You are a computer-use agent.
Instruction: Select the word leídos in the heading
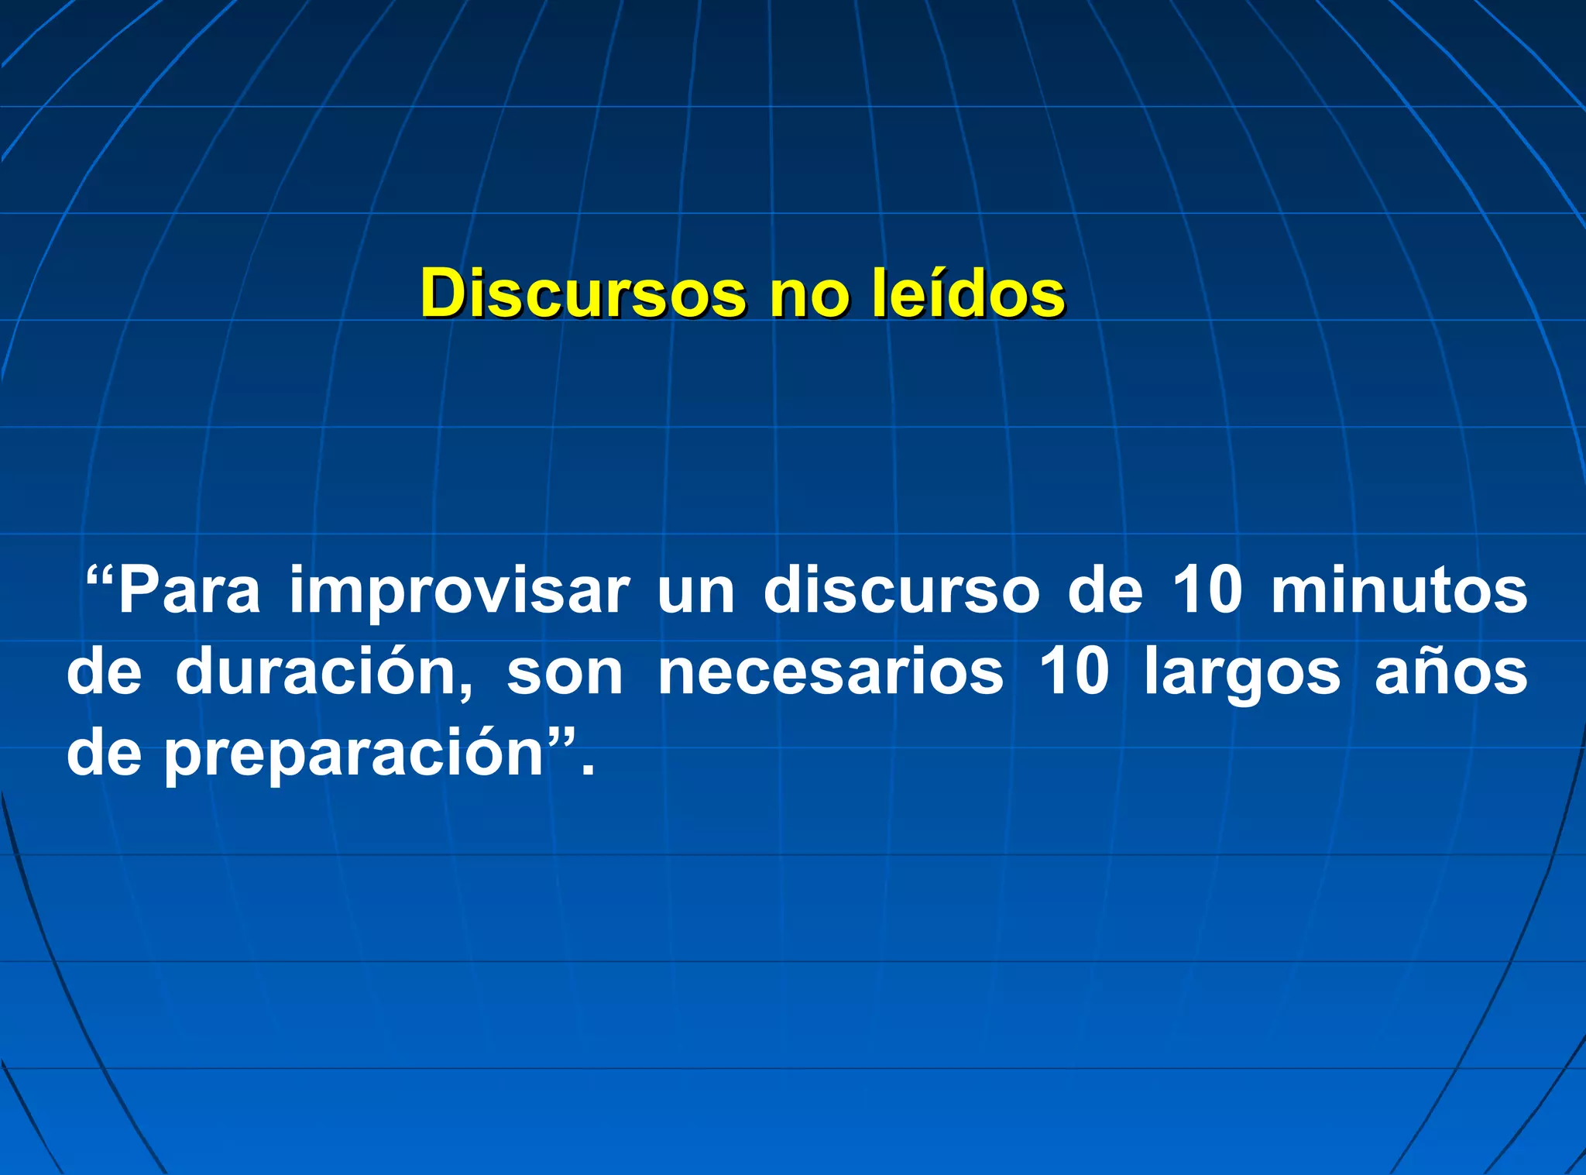(967, 294)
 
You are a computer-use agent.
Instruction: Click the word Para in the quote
(189, 591)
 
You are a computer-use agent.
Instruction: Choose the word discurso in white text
(901, 591)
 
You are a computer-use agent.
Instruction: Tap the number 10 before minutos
(1207, 590)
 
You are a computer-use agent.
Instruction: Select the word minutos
(1399, 591)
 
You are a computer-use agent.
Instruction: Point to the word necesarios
(830, 672)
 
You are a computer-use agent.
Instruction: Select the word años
(1450, 672)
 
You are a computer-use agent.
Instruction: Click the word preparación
(355, 755)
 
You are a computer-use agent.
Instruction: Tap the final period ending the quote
(588, 770)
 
